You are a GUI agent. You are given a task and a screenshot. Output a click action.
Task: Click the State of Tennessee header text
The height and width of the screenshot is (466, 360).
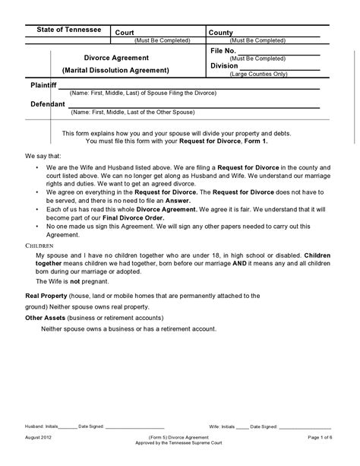pyautogui.click(x=69, y=29)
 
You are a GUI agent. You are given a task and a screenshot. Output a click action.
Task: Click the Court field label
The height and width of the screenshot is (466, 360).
pyautogui.click(x=124, y=33)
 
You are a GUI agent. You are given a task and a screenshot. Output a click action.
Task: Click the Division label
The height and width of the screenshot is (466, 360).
pyautogui.click(x=224, y=66)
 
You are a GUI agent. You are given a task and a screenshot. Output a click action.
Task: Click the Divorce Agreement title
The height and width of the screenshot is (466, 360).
pyautogui.click(x=115, y=57)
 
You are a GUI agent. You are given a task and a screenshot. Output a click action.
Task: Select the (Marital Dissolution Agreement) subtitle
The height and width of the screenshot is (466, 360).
pyautogui.click(x=115, y=70)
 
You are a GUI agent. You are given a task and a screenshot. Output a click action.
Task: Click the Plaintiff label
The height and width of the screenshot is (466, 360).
pyautogui.click(x=34, y=86)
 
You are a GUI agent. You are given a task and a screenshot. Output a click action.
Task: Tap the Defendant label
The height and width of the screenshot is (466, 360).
pyautogui.click(x=37, y=103)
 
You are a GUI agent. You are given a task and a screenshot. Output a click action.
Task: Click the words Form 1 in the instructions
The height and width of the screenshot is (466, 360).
pyautogui.click(x=254, y=141)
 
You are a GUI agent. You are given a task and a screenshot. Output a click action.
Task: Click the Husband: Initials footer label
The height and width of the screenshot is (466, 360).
pyautogui.click(x=41, y=426)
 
